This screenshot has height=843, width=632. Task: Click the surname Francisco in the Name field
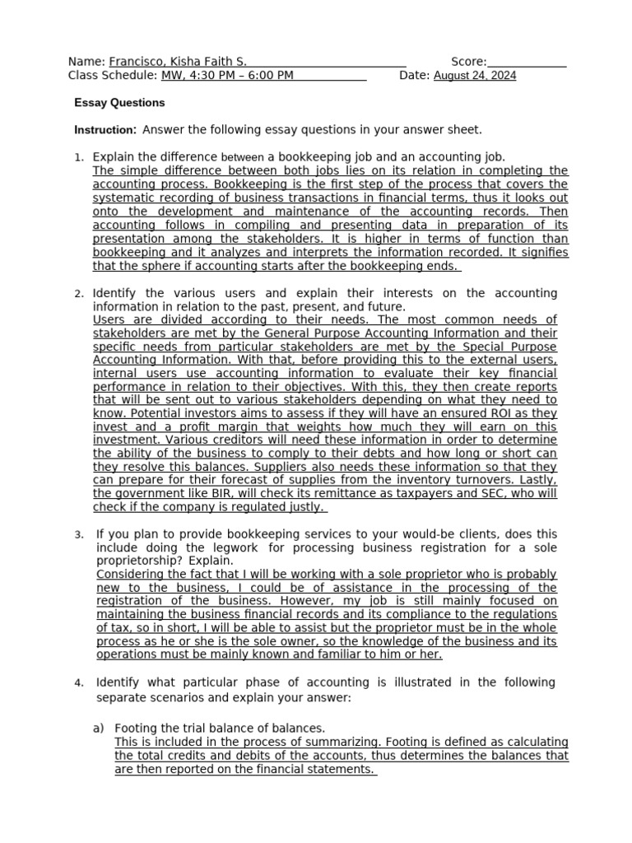pyautogui.click(x=135, y=62)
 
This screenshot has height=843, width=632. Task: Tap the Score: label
pyautogui.click(x=469, y=62)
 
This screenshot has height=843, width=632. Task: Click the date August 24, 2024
pyautogui.click(x=475, y=76)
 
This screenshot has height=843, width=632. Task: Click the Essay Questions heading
pyautogui.click(x=119, y=103)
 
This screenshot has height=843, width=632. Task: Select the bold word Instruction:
pyautogui.click(x=105, y=130)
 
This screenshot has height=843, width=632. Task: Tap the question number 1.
pyautogui.click(x=78, y=157)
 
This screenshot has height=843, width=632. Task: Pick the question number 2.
pyautogui.click(x=78, y=294)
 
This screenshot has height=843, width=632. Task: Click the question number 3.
pyautogui.click(x=78, y=535)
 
